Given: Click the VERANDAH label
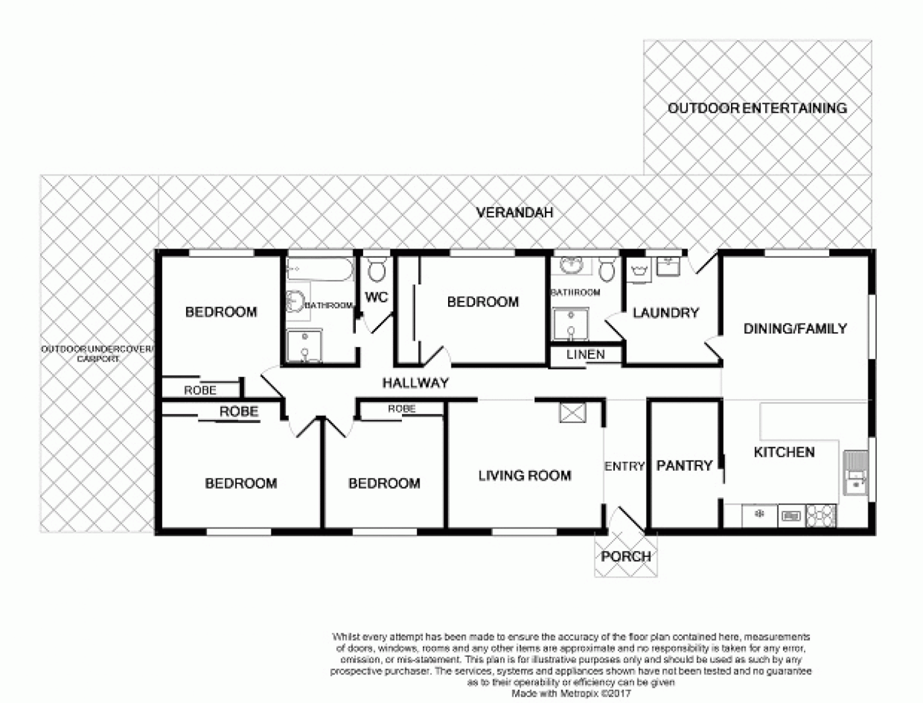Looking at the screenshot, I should coord(514,213).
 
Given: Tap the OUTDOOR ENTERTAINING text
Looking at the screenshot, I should coord(757,108).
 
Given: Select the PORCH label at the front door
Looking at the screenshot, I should coord(625,557).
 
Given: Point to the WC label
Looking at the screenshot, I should coord(377,297).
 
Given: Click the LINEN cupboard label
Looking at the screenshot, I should coord(585,355).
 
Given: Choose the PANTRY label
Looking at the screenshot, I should coord(684,465).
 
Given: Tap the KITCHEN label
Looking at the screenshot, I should coord(784,452).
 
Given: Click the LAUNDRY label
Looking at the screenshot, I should coord(665,313).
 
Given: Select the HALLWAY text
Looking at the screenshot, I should coord(415,383).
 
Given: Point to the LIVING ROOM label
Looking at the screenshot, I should coord(524,476).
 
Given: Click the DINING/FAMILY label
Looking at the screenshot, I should coord(795,329).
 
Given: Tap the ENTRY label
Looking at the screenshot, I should coord(624,466).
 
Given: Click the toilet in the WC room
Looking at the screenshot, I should coord(377,269).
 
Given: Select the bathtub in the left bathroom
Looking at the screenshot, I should coord(319,269).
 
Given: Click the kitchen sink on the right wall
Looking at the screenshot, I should coord(856,473).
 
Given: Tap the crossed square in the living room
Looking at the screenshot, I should coord(572,413).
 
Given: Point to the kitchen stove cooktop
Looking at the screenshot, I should coord(820,516).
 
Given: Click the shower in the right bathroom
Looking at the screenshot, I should coord(570,325).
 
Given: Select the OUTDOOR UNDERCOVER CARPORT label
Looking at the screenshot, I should coord(98,354).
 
